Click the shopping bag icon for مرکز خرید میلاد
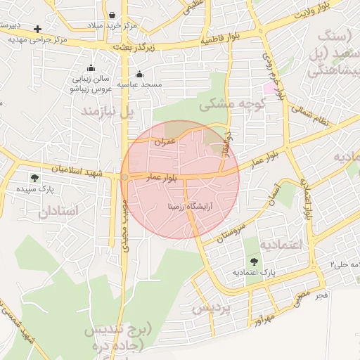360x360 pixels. [112, 15]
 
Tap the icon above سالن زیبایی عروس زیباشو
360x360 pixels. [91, 68]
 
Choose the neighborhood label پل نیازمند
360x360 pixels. [106, 112]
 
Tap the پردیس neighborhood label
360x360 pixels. [212, 309]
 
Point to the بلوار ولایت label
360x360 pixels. [310, 13]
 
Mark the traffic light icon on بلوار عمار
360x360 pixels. [124, 177]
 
